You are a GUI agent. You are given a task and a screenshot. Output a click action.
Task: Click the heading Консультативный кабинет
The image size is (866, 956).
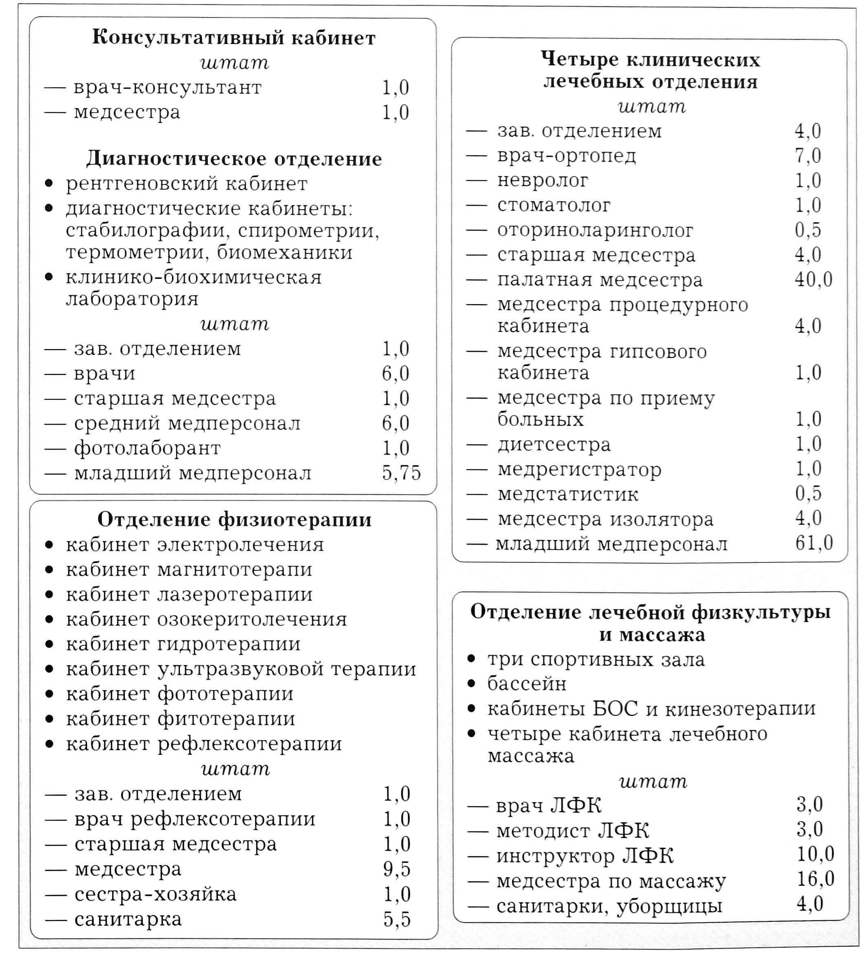[x=233, y=38]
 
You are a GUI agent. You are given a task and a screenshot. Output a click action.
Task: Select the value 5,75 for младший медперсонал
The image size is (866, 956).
[x=401, y=473]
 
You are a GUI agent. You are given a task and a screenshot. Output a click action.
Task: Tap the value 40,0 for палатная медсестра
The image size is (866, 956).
[x=813, y=279]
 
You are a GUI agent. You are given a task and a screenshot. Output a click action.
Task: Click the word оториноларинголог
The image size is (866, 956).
[x=595, y=230]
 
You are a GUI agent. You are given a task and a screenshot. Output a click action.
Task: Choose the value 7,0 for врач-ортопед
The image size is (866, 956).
[x=808, y=156]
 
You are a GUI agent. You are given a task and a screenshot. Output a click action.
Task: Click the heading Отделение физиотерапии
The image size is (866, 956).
[x=234, y=520]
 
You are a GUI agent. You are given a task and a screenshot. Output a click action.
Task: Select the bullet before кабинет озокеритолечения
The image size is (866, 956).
[x=49, y=619]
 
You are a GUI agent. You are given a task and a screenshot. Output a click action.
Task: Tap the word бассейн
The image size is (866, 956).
[x=527, y=684]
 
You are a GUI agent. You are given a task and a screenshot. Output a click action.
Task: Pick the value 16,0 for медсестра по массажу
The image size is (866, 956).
[x=815, y=879]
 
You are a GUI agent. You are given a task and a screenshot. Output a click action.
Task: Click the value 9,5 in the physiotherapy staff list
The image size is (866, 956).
[x=397, y=869]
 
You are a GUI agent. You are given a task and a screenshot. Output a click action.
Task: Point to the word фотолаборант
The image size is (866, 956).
[x=147, y=448]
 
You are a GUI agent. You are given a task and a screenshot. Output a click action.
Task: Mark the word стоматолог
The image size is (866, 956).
[x=554, y=205]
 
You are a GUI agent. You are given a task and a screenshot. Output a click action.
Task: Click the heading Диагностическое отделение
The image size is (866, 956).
[x=234, y=159]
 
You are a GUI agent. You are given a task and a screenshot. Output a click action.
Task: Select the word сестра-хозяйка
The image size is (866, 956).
[x=156, y=895]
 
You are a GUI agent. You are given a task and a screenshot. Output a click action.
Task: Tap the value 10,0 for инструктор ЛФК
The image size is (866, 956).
[x=815, y=854]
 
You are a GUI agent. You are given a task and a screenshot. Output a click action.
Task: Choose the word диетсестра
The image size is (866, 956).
[x=554, y=445]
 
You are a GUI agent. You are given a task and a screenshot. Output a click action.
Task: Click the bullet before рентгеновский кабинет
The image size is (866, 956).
[x=49, y=184]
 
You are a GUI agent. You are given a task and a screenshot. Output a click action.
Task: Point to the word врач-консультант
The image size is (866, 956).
[x=167, y=88]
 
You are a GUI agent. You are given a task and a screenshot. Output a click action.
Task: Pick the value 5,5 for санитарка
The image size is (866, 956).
[x=397, y=919]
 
